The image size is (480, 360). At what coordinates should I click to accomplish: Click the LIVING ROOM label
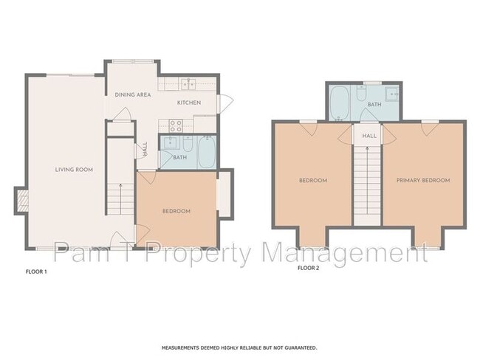74,170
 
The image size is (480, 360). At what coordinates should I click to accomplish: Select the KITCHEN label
189,103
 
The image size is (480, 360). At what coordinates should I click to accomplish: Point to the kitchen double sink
188,83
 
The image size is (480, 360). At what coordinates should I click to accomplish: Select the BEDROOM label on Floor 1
176,211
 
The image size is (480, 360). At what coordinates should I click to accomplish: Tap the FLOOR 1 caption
36,272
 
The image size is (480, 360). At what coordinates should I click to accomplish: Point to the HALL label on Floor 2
369,136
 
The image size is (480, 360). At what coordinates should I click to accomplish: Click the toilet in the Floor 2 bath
361,93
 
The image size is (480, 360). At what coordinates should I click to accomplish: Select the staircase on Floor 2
366,184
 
